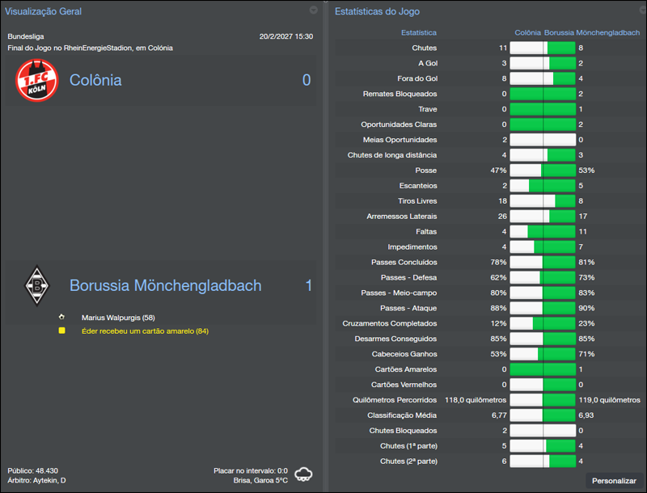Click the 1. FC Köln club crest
37,81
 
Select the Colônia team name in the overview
95,80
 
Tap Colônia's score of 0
307,80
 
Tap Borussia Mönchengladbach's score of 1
308,285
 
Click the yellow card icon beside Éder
61,331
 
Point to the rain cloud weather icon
305,474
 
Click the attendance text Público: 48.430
33,470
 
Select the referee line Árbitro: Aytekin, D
37,481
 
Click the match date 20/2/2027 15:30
285,36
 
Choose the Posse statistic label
425,171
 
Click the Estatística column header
419,33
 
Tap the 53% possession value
586,171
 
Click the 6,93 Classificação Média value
587,415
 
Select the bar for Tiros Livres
543,201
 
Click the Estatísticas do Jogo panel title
377,11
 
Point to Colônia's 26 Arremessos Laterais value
502,217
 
